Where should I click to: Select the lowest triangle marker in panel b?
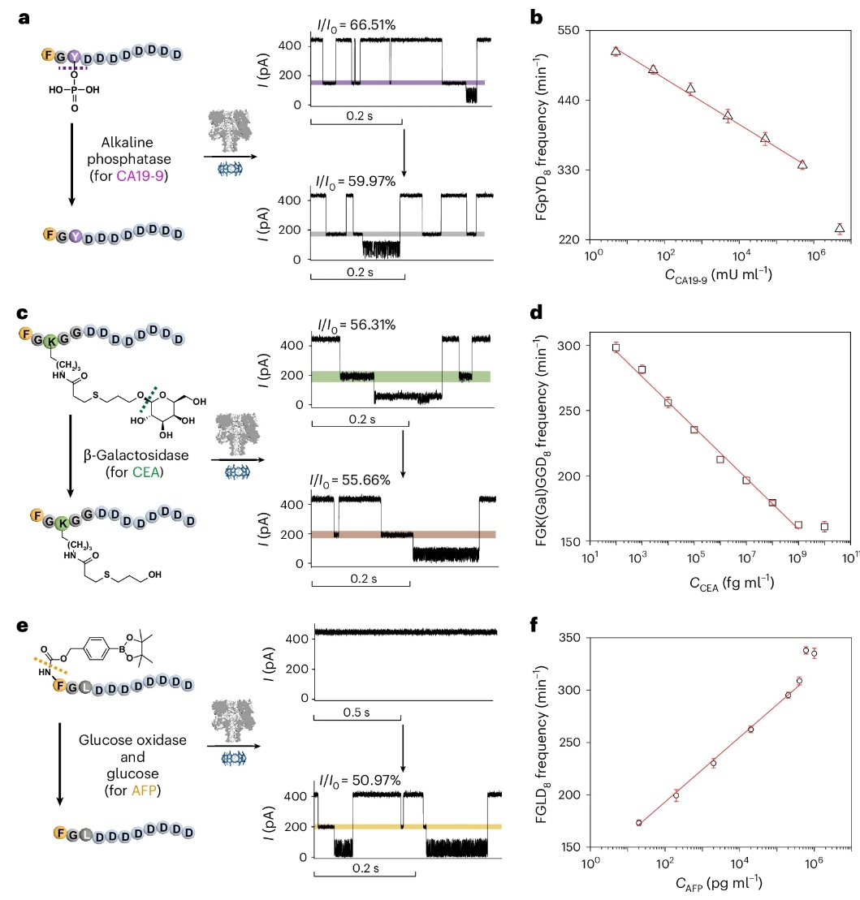tap(840, 228)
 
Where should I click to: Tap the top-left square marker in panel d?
tap(616, 347)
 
